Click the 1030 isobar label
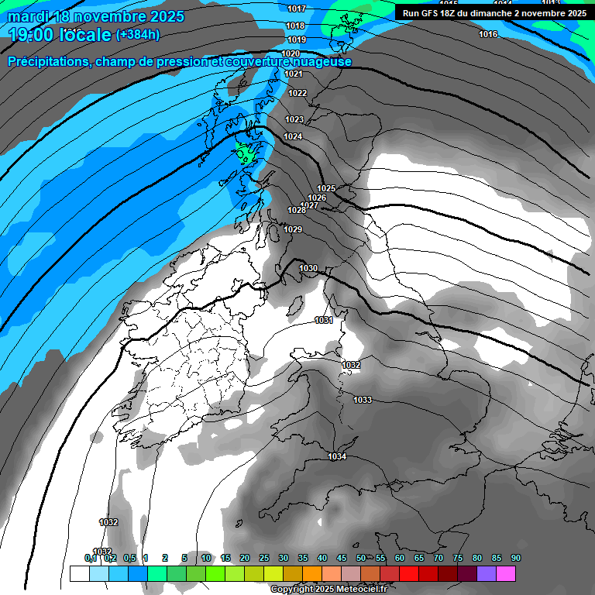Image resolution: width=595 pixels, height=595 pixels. coord(308,268)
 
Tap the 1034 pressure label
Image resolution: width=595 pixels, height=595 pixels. coord(337,457)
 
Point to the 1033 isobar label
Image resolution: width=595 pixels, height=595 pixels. coord(363,400)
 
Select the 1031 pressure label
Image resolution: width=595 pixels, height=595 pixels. coord(324,320)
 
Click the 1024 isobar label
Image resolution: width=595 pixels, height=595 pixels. coord(293,136)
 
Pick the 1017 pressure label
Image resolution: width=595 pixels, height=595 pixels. coord(296,9)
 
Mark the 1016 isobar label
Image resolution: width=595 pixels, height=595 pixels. coord(488,35)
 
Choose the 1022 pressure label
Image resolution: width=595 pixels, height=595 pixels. coord(297,93)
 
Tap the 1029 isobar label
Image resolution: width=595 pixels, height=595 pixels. coord(293,229)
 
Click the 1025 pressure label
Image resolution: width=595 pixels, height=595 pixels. coord(326,188)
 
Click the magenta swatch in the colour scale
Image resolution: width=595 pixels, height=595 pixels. coord(506,574)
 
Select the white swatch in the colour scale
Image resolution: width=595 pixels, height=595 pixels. coord(79,574)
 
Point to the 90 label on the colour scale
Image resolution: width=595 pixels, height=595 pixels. coord(516,558)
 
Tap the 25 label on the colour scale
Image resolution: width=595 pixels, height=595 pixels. coord(264,558)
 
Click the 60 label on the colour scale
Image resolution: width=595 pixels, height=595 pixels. coord(400,558)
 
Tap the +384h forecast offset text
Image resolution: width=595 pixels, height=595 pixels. coord(138,34)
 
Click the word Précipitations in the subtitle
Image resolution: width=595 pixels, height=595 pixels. coord(47,61)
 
